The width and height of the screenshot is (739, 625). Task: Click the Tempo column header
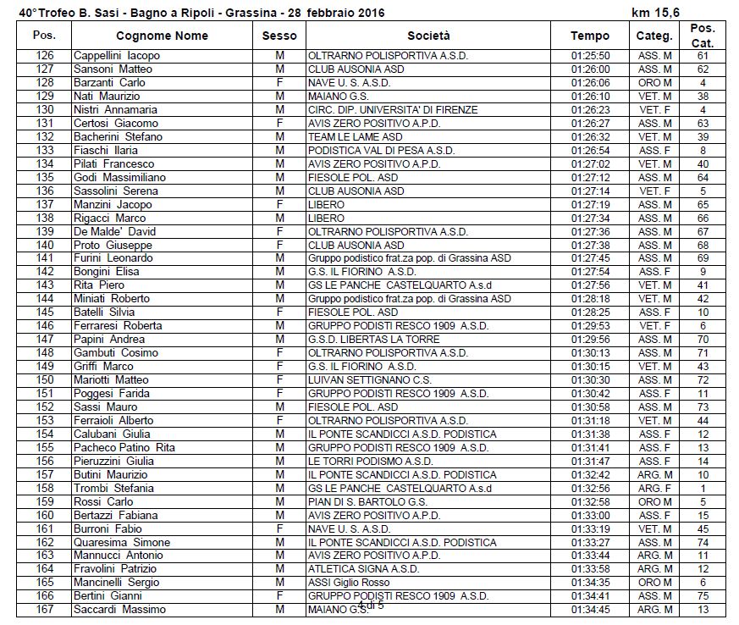click(x=589, y=36)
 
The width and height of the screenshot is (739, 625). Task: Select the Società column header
click(x=428, y=36)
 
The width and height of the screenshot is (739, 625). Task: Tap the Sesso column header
click(x=279, y=36)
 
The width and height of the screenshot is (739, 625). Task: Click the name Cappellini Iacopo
click(x=116, y=56)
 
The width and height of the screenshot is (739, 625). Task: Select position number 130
click(x=45, y=110)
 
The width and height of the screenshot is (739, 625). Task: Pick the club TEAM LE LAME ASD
click(x=356, y=137)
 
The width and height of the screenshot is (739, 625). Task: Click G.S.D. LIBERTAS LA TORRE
click(x=373, y=340)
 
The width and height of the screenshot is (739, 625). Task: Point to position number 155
click(x=45, y=448)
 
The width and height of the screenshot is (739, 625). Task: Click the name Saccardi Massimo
click(x=119, y=610)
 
